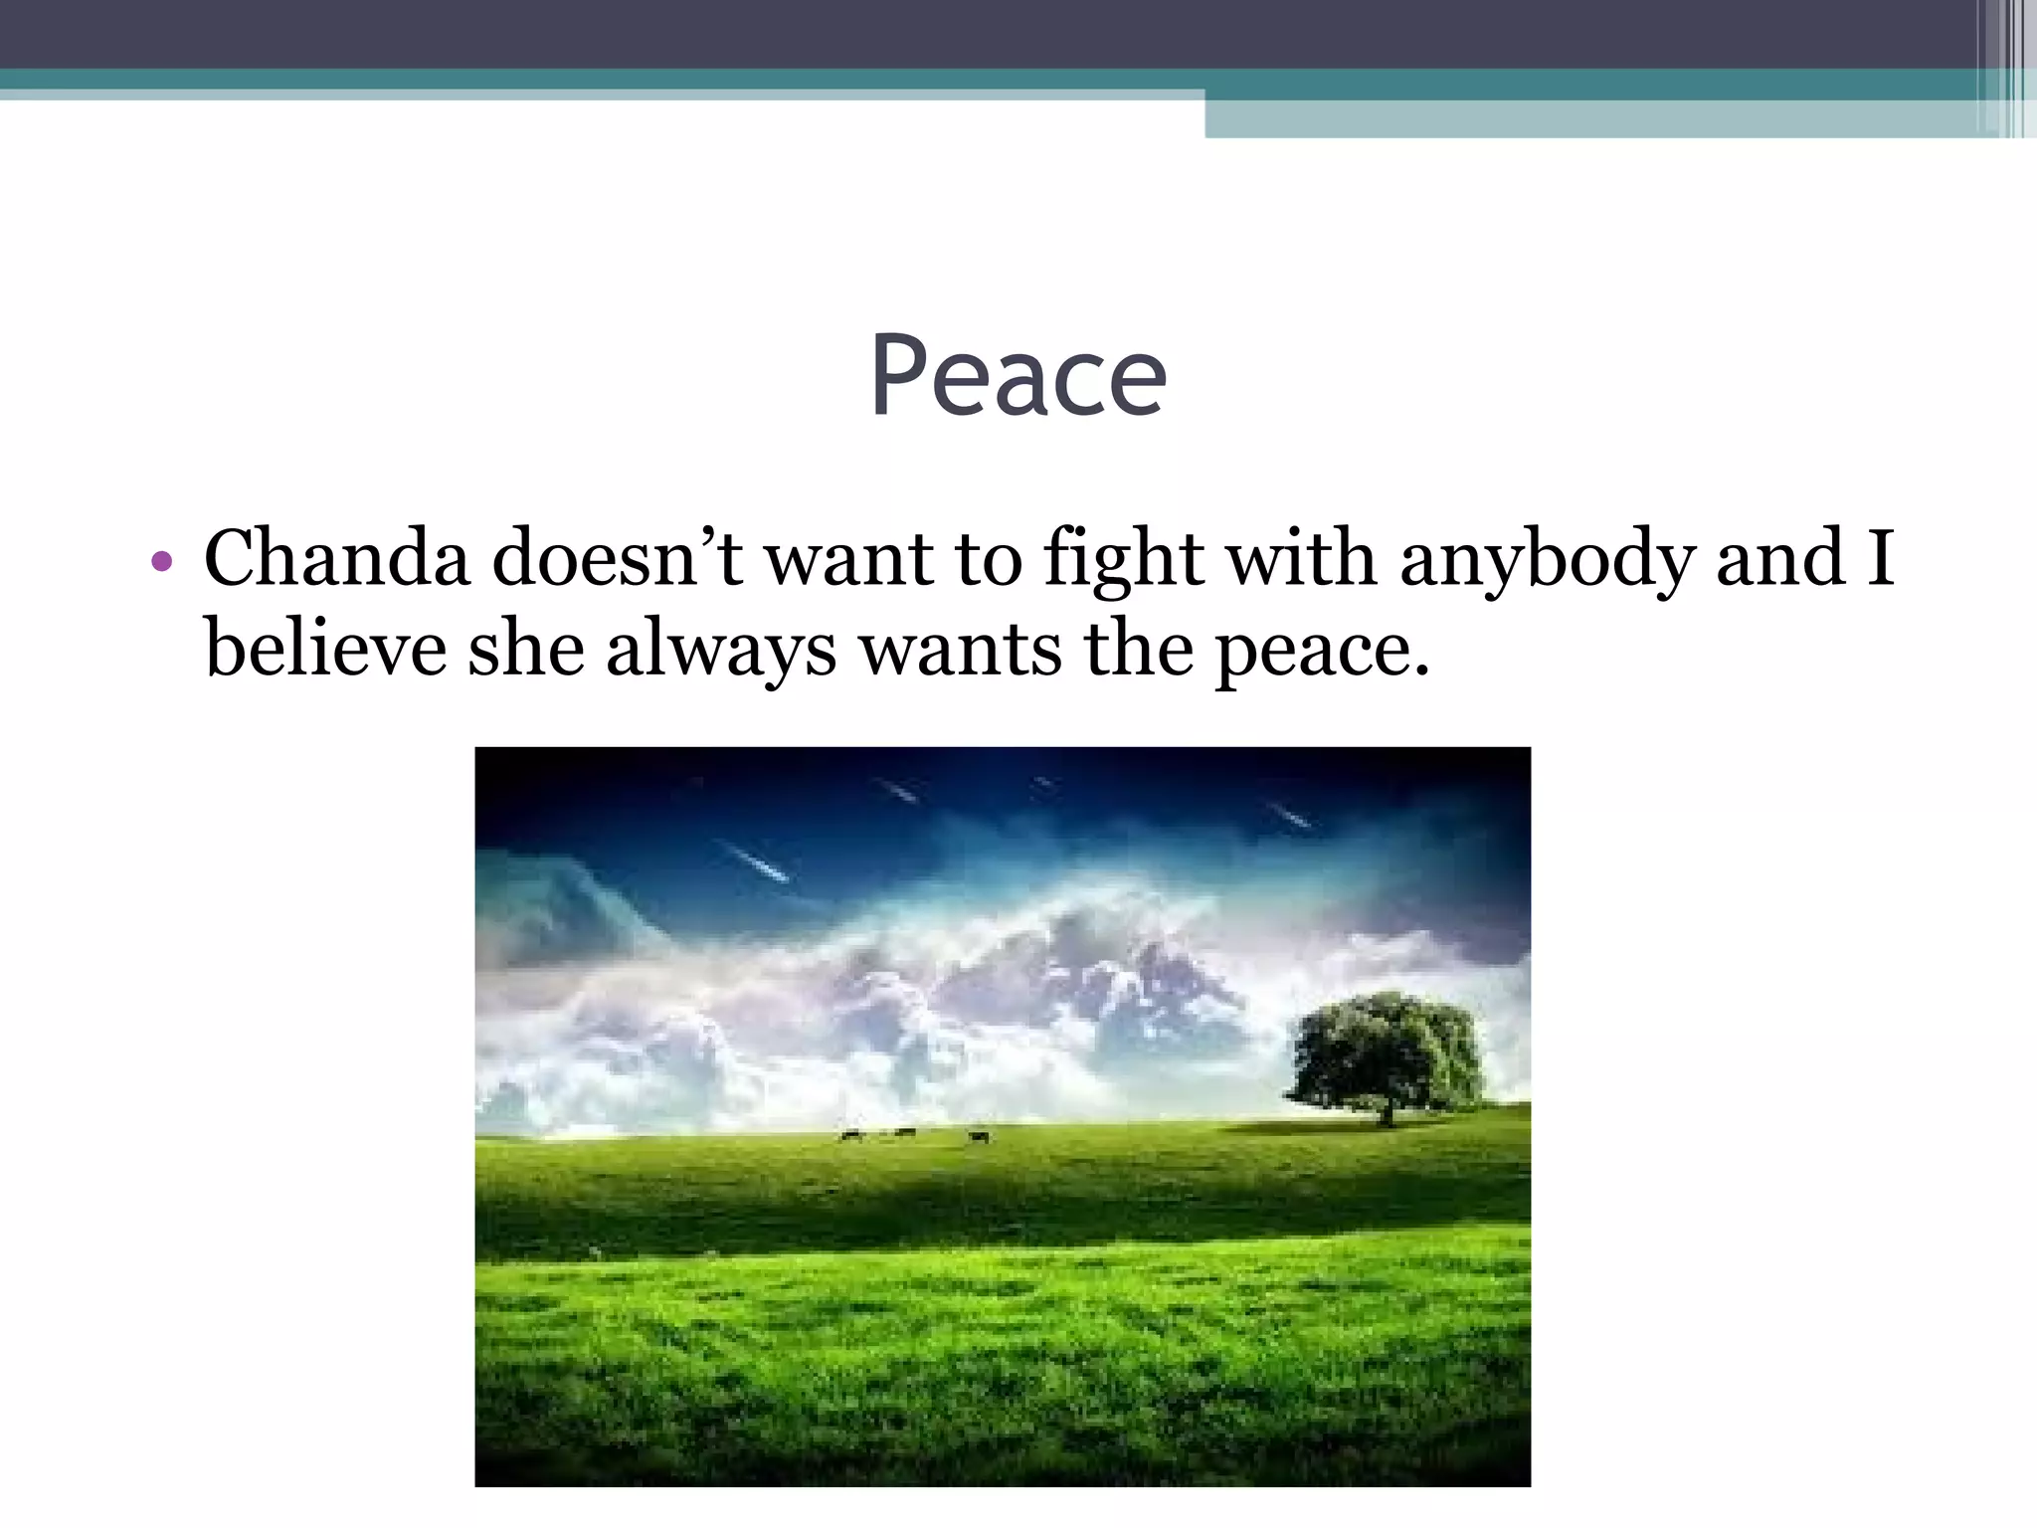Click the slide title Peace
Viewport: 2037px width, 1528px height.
1018,376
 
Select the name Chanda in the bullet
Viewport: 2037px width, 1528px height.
336,558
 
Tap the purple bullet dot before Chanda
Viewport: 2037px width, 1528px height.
162,563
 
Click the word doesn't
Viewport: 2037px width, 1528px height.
617,558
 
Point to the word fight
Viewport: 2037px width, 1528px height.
1124,560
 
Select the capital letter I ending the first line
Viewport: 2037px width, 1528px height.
1879,558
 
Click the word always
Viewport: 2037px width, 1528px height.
720,653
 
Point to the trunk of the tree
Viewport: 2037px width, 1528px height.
1386,1113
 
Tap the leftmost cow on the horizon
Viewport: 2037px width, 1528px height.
850,1135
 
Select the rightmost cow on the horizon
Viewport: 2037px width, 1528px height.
979,1136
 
